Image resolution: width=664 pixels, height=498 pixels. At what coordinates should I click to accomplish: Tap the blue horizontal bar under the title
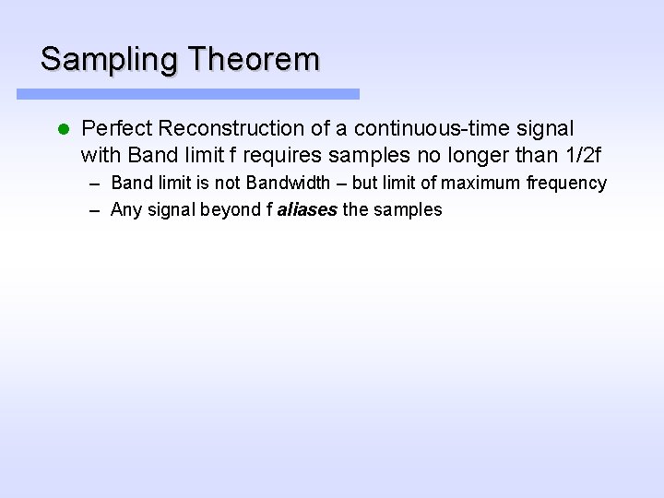188,94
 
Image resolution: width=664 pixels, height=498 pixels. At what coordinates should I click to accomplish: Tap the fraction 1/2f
587,153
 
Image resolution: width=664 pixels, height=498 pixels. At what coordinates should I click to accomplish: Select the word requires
276,153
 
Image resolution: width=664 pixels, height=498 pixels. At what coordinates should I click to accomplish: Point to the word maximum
481,183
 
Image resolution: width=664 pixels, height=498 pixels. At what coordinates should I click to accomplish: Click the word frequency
566,183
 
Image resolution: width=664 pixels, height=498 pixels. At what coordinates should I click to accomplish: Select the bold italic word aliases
307,209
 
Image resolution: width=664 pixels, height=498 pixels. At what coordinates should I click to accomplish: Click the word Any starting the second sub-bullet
125,209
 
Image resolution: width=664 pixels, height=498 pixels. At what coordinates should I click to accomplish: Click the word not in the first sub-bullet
228,183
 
